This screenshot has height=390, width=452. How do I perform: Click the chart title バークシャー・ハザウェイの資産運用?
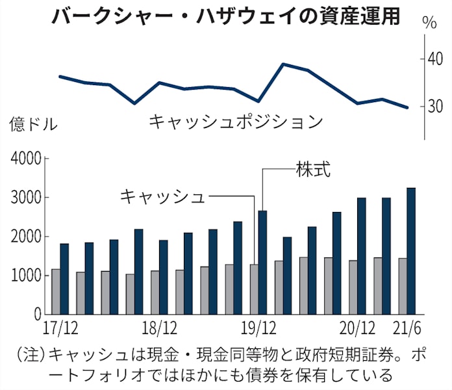(x=225, y=16)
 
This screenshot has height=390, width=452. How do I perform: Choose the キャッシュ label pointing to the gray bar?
(x=162, y=196)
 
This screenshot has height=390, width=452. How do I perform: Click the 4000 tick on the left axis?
(x=24, y=159)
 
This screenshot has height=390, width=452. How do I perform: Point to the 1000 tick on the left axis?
(x=24, y=276)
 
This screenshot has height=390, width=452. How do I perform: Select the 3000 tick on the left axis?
(x=24, y=198)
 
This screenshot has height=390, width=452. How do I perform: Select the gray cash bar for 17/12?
(x=55, y=292)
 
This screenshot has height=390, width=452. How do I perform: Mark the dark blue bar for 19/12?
(x=262, y=263)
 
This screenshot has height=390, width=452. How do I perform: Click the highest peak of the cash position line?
(x=283, y=64)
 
